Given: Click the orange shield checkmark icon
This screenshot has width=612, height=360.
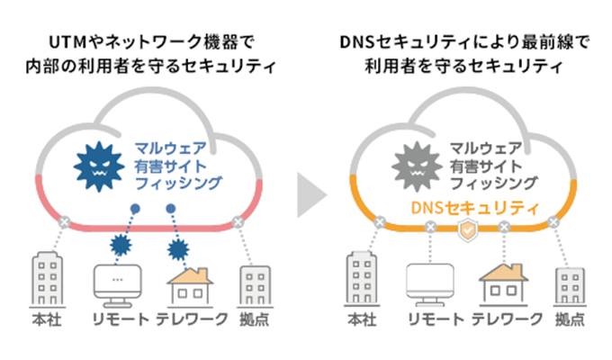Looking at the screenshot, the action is point(468,230).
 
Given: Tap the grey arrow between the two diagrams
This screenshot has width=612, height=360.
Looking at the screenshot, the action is point(311,194).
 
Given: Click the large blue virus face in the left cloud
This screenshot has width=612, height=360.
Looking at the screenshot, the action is point(99,166).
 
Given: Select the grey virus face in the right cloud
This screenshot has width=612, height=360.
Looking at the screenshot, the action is point(417,166).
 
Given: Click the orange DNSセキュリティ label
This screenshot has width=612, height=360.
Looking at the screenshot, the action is point(474,208).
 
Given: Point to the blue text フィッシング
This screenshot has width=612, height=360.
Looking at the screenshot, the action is point(178,183).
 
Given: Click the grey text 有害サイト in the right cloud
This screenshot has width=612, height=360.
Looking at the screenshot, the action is point(485,166).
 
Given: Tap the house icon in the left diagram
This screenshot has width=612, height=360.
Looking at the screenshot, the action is point(190,286).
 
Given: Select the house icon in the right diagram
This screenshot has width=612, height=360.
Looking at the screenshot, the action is point(503,284).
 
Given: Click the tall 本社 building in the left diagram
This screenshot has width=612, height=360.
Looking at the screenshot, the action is point(47,279).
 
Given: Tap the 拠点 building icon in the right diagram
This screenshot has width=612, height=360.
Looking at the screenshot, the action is point(570,286).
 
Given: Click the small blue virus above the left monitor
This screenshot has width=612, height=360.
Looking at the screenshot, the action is point(121,245).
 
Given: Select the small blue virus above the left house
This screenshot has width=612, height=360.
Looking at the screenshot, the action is point(178,249).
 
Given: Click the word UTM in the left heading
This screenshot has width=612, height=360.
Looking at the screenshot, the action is point(67,42).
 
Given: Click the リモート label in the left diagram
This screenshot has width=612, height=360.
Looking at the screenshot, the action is point(121,319).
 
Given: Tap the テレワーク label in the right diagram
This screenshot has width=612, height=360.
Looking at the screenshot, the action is point(507,319).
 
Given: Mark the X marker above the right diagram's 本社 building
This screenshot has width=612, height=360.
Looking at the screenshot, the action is point(380,222).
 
